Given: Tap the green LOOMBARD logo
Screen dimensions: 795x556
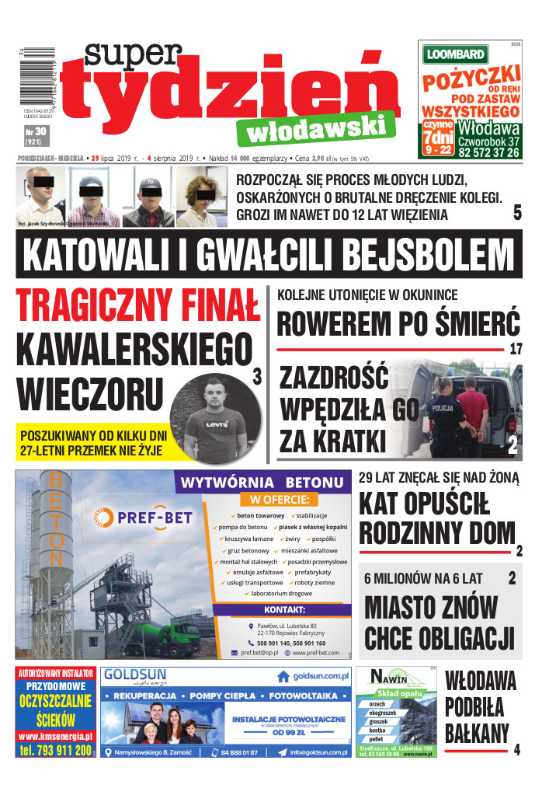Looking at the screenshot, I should [455, 54].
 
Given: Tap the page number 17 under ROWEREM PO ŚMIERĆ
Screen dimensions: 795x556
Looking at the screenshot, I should [516, 348].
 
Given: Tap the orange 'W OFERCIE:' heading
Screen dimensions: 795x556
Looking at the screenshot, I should [278, 499].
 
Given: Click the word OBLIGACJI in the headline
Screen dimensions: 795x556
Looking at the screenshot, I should [439, 637].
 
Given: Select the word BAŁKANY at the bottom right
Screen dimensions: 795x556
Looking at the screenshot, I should [477, 732].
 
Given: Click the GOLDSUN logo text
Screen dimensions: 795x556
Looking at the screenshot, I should [139, 674].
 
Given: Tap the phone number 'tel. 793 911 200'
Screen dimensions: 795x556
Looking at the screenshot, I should [55, 750].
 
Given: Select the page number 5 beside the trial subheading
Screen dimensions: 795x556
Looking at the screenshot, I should [516, 213].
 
